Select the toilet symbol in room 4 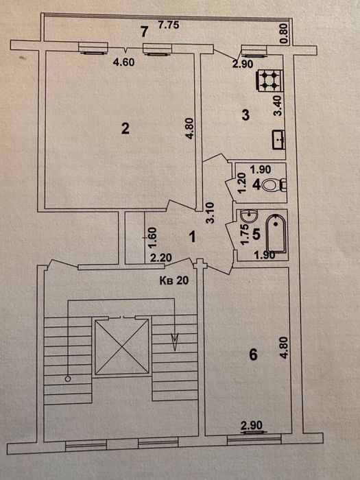pyautogui.click(x=276, y=184)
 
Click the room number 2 pyautogui.click(x=125, y=128)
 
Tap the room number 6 pyautogui.click(x=252, y=355)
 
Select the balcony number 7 pyautogui.click(x=143, y=30)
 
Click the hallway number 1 pyautogui.click(x=193, y=237)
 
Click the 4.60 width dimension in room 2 pyautogui.click(x=121, y=61)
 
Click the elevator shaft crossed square pyautogui.click(x=122, y=348)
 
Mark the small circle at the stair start pyautogui.click(x=67, y=378)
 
